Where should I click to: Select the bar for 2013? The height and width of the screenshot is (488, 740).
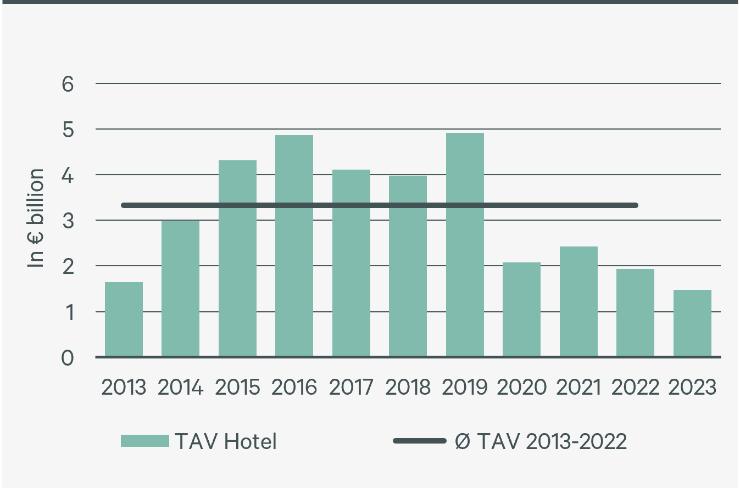coord(124,319)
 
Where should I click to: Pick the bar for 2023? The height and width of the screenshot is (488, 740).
coord(692,323)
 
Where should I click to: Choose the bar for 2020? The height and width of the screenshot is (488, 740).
coord(521,310)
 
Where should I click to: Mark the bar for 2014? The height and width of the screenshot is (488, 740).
coord(180,289)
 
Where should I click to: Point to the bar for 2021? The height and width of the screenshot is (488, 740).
coord(578,302)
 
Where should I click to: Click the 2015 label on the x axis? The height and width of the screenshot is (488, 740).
coord(237,388)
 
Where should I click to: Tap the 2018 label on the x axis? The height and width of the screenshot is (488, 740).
coord(408,388)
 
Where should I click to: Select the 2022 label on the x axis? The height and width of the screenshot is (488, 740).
coord(636,388)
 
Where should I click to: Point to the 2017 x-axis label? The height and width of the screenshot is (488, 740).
coord(351,388)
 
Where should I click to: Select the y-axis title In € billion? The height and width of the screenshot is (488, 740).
coord(36,218)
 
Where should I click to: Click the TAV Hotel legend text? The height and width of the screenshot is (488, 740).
coord(226,441)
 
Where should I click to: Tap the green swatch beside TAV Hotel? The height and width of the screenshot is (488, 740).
coord(144,441)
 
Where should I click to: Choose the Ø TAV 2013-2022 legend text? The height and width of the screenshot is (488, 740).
coord(541,441)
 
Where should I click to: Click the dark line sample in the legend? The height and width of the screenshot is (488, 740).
coord(419,441)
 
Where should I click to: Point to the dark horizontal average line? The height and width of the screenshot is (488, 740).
coord(379,205)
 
